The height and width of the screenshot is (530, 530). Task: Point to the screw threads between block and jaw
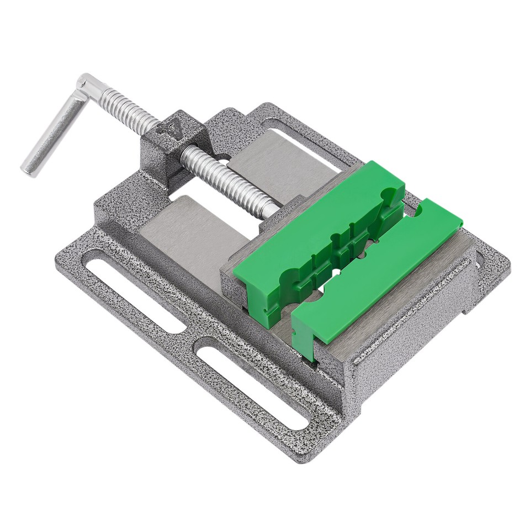coord(226,179)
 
